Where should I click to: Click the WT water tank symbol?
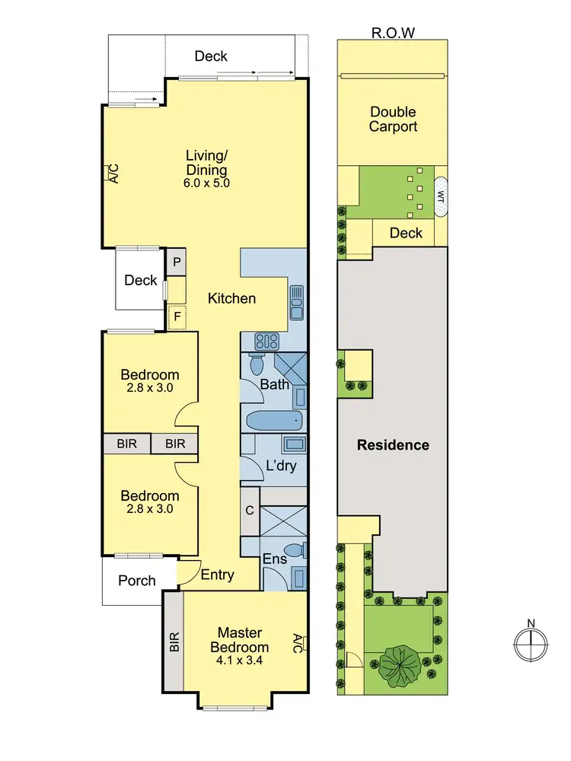[440, 195]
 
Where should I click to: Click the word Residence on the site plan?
[394, 445]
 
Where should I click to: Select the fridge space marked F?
[177, 315]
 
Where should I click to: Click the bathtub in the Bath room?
[273, 421]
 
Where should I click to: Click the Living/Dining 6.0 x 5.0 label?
[207, 168]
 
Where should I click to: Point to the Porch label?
[137, 581]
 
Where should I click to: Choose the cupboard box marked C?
[250, 511]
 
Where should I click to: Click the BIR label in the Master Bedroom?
[174, 642]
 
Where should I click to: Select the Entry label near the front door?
[218, 575]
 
